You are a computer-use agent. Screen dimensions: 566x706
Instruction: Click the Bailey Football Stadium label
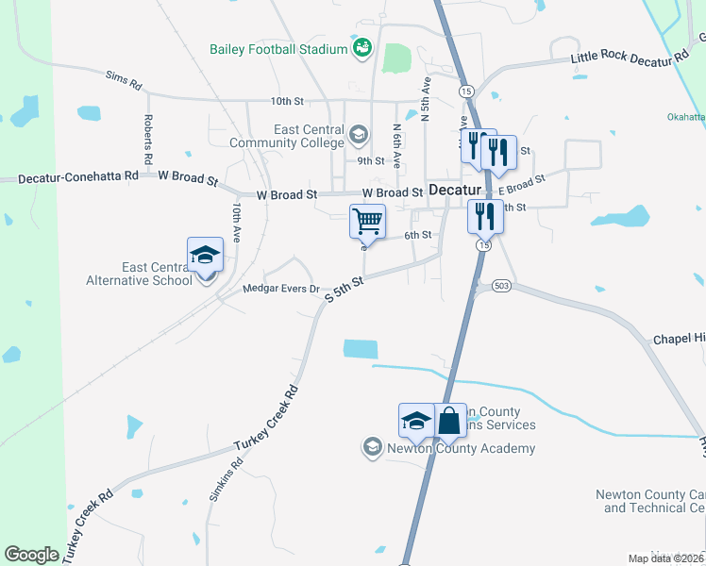pyautogui.click(x=279, y=48)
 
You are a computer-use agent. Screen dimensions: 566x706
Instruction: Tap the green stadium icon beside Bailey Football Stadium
pyautogui.click(x=361, y=46)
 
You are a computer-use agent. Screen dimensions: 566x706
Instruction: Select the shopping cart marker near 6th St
pyautogui.click(x=368, y=223)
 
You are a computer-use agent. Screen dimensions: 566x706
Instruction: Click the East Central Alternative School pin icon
pyautogui.click(x=205, y=255)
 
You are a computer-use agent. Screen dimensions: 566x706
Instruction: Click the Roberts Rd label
pyautogui.click(x=148, y=137)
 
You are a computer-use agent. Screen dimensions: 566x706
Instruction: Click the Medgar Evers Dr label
pyautogui.click(x=282, y=290)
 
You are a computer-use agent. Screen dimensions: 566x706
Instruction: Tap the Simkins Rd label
pyautogui.click(x=227, y=479)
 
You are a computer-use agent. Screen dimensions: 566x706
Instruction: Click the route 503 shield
pyautogui.click(x=501, y=285)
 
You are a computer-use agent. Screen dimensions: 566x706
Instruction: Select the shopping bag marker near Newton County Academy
pyautogui.click(x=450, y=421)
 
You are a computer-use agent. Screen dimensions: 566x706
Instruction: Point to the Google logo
pyautogui.click(x=31, y=555)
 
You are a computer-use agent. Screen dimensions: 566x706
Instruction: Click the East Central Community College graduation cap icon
pyautogui.click(x=358, y=135)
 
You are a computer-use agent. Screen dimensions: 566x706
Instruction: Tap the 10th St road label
pyautogui.click(x=287, y=100)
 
